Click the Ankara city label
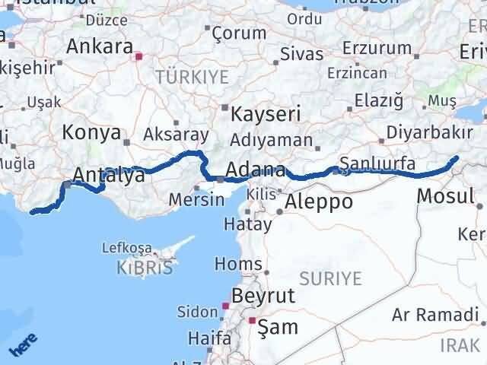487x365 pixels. point(100,46)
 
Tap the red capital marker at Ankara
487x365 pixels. point(138,56)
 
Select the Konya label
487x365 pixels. point(91,132)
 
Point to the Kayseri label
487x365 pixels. point(266,115)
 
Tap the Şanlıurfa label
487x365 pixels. point(377,163)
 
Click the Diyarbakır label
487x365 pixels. point(429,132)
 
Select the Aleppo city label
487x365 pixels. point(320,202)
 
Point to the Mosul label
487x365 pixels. point(445,195)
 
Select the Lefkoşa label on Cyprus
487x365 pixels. point(131,249)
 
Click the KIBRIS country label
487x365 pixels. point(146,267)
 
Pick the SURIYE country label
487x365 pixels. point(330,278)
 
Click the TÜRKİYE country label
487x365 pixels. point(191,77)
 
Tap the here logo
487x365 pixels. point(22,343)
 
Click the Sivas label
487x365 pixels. point(301,54)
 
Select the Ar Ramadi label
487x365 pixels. point(436,315)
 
